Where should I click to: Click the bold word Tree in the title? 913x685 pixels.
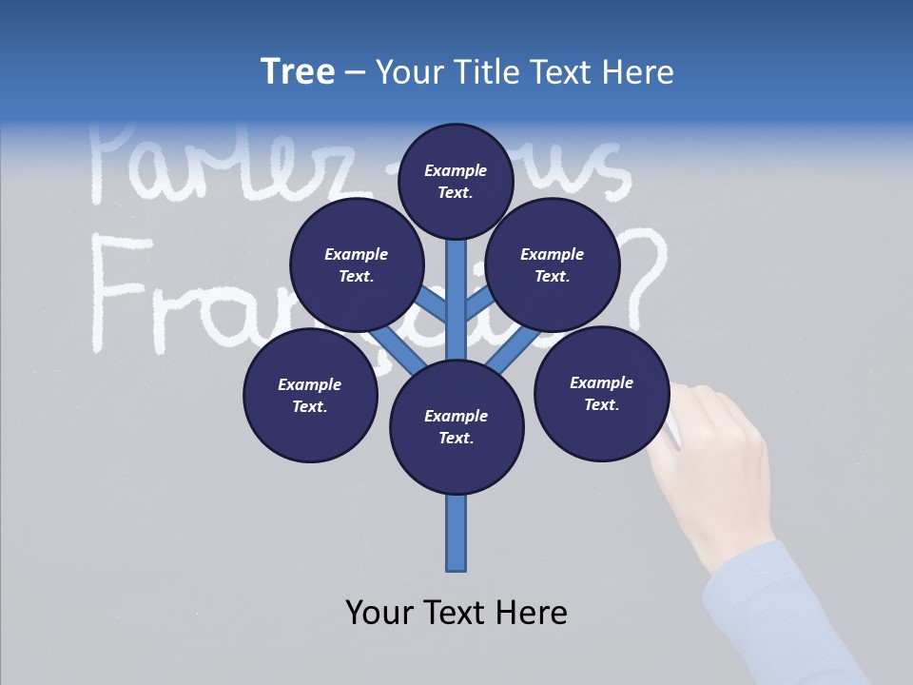pos(298,71)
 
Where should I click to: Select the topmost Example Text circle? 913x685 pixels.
pos(456,181)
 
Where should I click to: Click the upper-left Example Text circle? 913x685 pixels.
pos(357,265)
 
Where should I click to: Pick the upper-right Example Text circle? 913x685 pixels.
pos(552,265)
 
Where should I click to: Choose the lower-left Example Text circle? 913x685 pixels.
pos(310,396)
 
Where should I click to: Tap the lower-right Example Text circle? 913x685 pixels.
pos(601,394)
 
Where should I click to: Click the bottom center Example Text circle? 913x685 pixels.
pos(456,426)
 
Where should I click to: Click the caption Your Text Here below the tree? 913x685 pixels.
pos(456,613)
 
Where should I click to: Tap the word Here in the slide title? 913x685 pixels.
pos(637,71)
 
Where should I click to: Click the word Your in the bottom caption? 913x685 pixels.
pos(379,613)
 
